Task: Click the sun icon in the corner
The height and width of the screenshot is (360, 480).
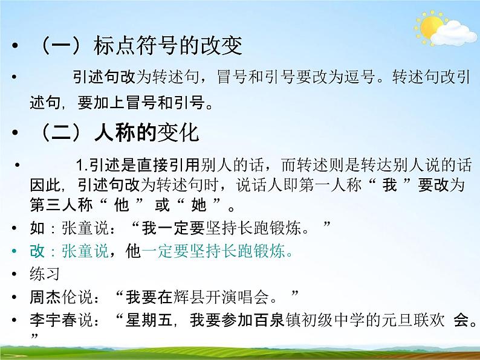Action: (x=430, y=27)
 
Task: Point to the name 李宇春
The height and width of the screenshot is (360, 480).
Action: (x=56, y=320)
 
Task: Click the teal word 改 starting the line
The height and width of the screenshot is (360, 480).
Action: (x=37, y=251)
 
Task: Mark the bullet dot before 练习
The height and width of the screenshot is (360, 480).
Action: (x=15, y=274)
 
